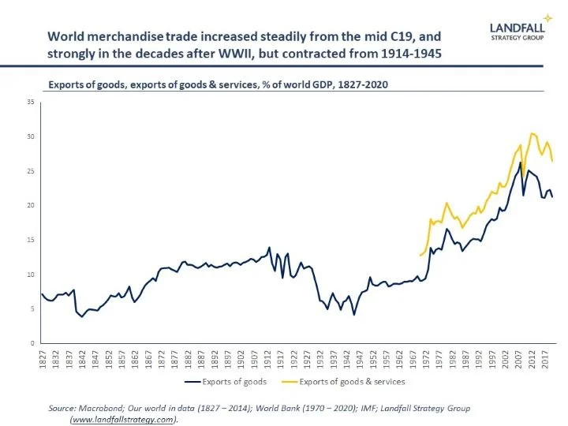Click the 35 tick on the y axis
tap(32, 102)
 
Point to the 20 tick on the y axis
tap(32, 205)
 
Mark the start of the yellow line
tap(420, 256)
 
